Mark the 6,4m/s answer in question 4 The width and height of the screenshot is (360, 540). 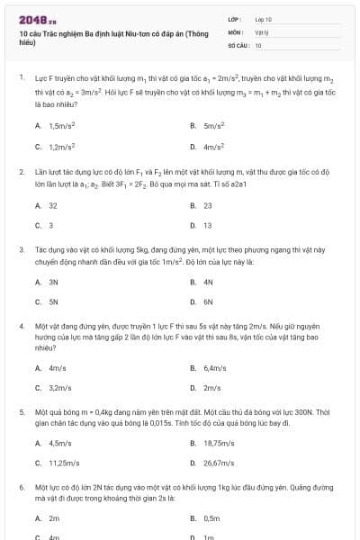coord(214,367)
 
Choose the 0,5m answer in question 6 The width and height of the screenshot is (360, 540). coord(211,518)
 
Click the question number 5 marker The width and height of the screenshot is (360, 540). coord(21,410)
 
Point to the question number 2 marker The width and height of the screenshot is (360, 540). coord(21,169)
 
